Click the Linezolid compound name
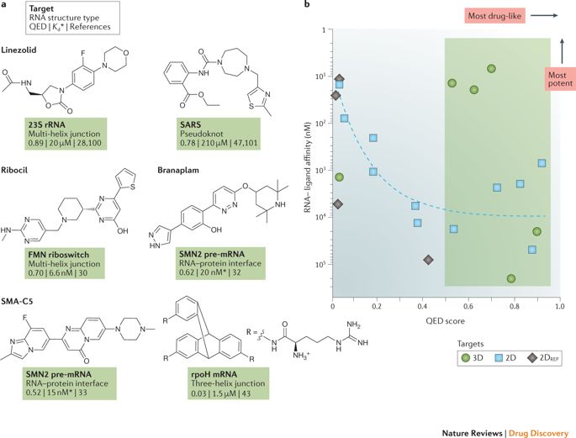(24, 51)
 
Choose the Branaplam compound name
(176, 168)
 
